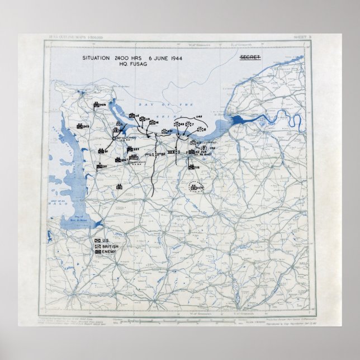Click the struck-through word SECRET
[x=250, y=58]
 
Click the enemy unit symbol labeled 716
[x=191, y=167]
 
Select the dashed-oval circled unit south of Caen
[x=196, y=187]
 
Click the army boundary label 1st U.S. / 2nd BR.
[x=154, y=154]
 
